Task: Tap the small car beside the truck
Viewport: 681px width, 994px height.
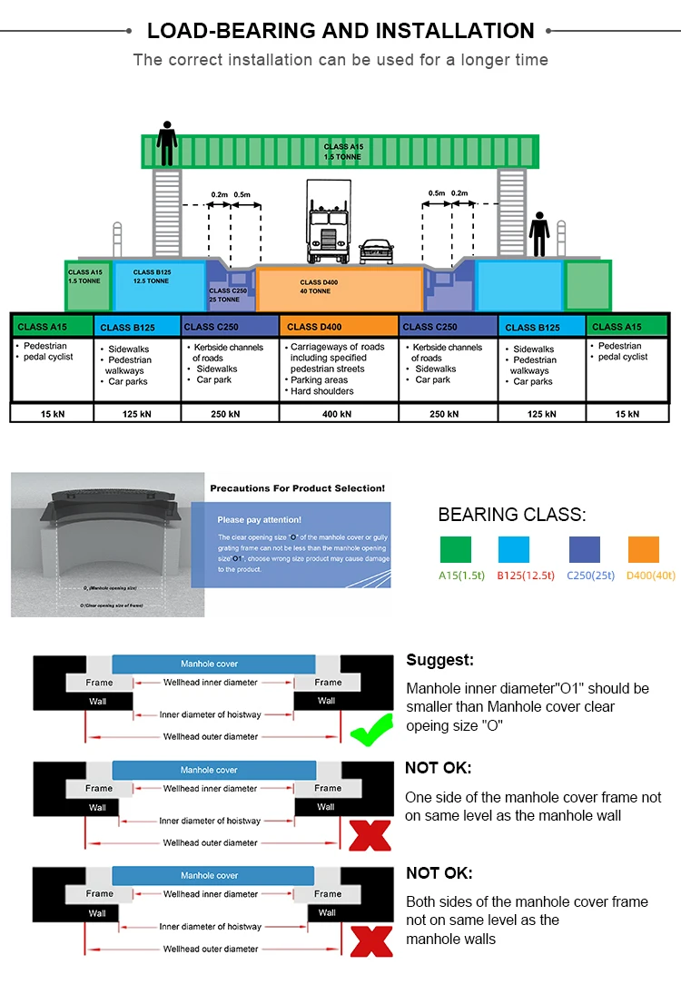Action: coord(376,251)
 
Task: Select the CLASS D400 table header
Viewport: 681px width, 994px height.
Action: coord(339,327)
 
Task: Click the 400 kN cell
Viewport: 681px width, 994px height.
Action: coord(338,414)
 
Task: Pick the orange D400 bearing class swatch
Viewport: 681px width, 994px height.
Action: coord(643,549)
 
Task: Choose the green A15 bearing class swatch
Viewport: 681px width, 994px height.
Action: coord(456,549)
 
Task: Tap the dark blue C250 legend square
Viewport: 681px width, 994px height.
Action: coord(584,549)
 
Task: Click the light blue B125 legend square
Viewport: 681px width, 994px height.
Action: coord(514,549)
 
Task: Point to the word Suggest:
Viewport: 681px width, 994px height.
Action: coord(439,661)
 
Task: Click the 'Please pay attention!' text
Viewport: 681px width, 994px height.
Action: coord(259,520)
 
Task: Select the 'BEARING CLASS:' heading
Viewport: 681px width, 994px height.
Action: coord(512,515)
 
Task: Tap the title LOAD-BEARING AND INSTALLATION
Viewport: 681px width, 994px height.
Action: coord(340,31)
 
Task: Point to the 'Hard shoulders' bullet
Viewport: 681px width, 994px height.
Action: coord(322,391)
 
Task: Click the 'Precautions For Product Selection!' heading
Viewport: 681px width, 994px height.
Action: coord(297,488)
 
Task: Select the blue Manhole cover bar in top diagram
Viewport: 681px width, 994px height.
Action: coord(212,664)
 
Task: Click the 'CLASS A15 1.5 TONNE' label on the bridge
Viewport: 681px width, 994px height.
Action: coord(342,152)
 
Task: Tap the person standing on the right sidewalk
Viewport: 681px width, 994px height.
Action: coord(539,234)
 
